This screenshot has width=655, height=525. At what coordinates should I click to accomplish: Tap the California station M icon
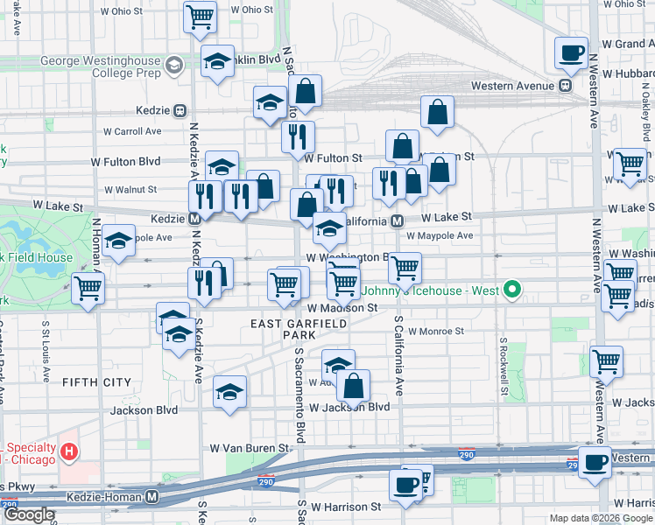click(x=397, y=220)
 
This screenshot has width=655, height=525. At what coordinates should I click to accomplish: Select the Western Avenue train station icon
click(x=566, y=86)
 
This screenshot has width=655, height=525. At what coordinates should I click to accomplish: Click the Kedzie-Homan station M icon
click(x=152, y=496)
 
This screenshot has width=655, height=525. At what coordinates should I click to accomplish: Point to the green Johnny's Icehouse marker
click(x=516, y=289)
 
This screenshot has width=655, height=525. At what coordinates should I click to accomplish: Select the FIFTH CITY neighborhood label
click(x=95, y=382)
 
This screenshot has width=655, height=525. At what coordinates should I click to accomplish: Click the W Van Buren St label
click(x=249, y=447)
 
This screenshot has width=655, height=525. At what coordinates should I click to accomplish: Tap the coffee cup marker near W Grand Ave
click(x=571, y=52)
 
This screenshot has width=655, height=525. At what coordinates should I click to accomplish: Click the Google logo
click(x=29, y=514)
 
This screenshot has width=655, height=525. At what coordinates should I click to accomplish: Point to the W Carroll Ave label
click(x=132, y=131)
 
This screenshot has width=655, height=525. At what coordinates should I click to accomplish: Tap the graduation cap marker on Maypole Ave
click(x=117, y=241)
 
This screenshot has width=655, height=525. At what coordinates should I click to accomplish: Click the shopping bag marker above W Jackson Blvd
click(x=353, y=385)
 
